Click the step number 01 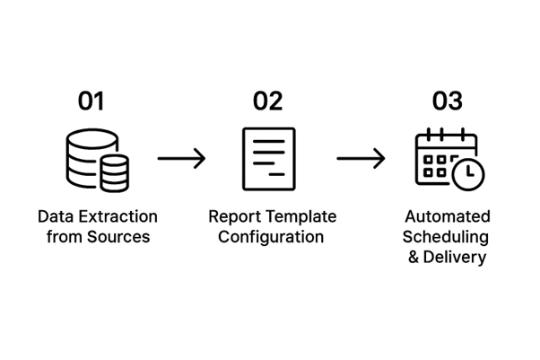coord(91,101)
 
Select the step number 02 coord(267,101)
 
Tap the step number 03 coord(447,101)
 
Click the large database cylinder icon coord(85,155)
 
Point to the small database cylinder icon coord(115,171)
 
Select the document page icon coord(268,158)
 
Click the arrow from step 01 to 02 coord(181,159)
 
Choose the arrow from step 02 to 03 coord(361,159)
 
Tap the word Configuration coord(269,237)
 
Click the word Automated coord(447,217)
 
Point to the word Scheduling coord(447,237)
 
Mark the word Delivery coord(456,258)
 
